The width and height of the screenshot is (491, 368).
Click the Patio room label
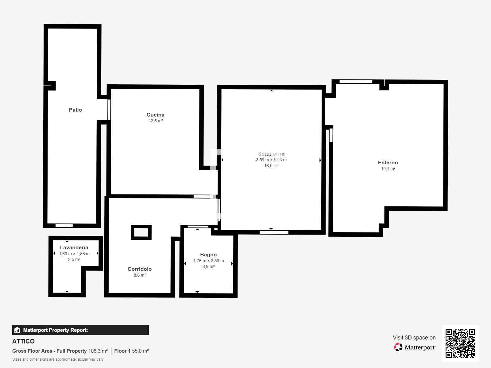75,110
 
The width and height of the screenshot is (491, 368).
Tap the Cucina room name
155,115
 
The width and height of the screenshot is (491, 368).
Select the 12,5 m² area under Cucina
156,121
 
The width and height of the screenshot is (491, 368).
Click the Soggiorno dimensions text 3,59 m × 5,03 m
271,160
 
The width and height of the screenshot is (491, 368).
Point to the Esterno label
388,163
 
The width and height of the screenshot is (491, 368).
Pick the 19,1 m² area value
388,169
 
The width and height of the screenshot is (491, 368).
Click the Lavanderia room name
74,247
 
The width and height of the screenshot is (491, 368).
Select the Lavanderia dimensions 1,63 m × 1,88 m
74,254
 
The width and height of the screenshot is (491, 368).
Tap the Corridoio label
140,269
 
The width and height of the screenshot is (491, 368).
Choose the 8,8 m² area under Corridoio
140,275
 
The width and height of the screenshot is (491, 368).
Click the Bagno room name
208,255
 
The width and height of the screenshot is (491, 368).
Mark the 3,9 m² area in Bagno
208,266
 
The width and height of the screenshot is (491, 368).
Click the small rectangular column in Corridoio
141,232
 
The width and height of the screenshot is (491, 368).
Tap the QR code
460,343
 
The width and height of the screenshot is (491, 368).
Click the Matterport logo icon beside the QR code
398,347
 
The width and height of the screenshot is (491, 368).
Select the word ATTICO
23,341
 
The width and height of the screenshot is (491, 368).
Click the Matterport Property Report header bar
80,330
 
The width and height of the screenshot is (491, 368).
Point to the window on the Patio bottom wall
64,226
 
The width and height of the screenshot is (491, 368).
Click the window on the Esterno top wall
356,82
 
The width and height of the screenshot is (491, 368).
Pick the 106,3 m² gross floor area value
98,351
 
